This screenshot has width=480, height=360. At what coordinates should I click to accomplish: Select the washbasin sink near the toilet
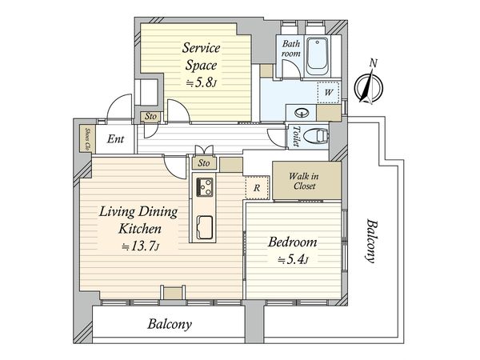point(302,113)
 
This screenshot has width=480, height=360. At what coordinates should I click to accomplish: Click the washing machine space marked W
point(329,92)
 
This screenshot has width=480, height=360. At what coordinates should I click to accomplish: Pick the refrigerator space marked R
point(257,188)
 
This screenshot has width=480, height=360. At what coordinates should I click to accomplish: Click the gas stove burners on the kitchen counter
point(205,186)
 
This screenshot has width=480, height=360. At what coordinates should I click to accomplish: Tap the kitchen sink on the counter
point(205,227)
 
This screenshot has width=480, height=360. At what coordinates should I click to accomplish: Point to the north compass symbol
point(368,85)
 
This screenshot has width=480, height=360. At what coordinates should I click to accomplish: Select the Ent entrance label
point(115,139)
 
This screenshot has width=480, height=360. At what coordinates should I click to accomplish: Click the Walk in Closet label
point(304,181)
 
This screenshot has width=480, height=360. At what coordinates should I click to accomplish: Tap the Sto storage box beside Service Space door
point(150,117)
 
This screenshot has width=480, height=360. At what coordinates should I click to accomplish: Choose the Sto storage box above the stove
point(204,163)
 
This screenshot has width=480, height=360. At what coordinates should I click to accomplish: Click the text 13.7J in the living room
point(141,246)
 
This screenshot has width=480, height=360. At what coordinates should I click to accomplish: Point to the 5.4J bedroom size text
point(293,260)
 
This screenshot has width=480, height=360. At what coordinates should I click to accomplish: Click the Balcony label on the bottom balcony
point(170,324)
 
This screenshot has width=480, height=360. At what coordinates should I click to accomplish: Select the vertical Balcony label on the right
point(371,241)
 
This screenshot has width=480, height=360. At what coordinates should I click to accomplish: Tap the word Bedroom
point(292,242)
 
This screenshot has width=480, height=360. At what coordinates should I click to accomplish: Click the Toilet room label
point(296,136)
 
